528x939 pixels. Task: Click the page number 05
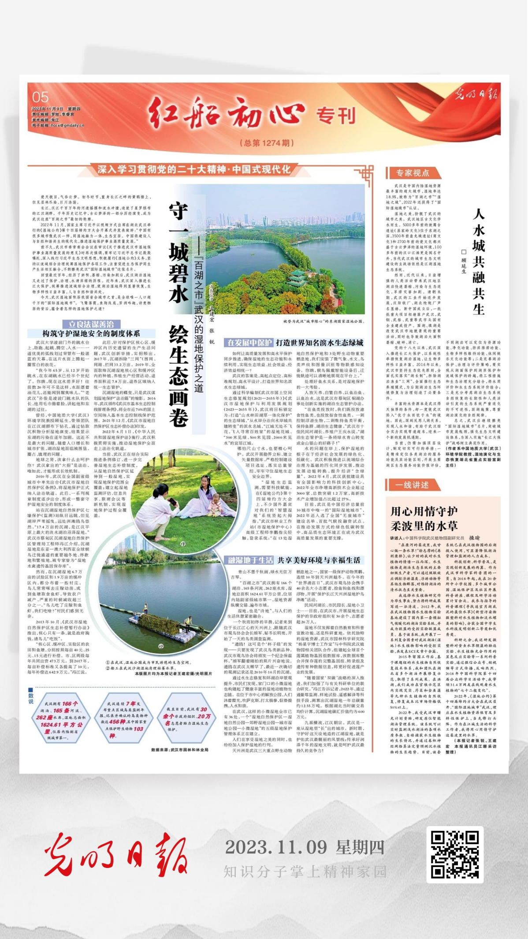[x=41, y=97]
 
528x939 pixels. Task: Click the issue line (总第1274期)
[x=266, y=143]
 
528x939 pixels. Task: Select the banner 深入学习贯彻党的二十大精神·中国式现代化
[x=194, y=170]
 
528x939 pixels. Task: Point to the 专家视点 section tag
[x=412, y=173]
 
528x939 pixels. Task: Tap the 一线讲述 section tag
[x=412, y=485]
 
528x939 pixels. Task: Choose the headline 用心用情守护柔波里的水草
[x=424, y=518]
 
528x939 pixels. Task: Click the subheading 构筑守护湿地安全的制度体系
[x=91, y=333]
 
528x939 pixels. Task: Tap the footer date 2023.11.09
[x=276, y=847]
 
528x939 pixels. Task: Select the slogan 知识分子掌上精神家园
[x=305, y=872]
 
